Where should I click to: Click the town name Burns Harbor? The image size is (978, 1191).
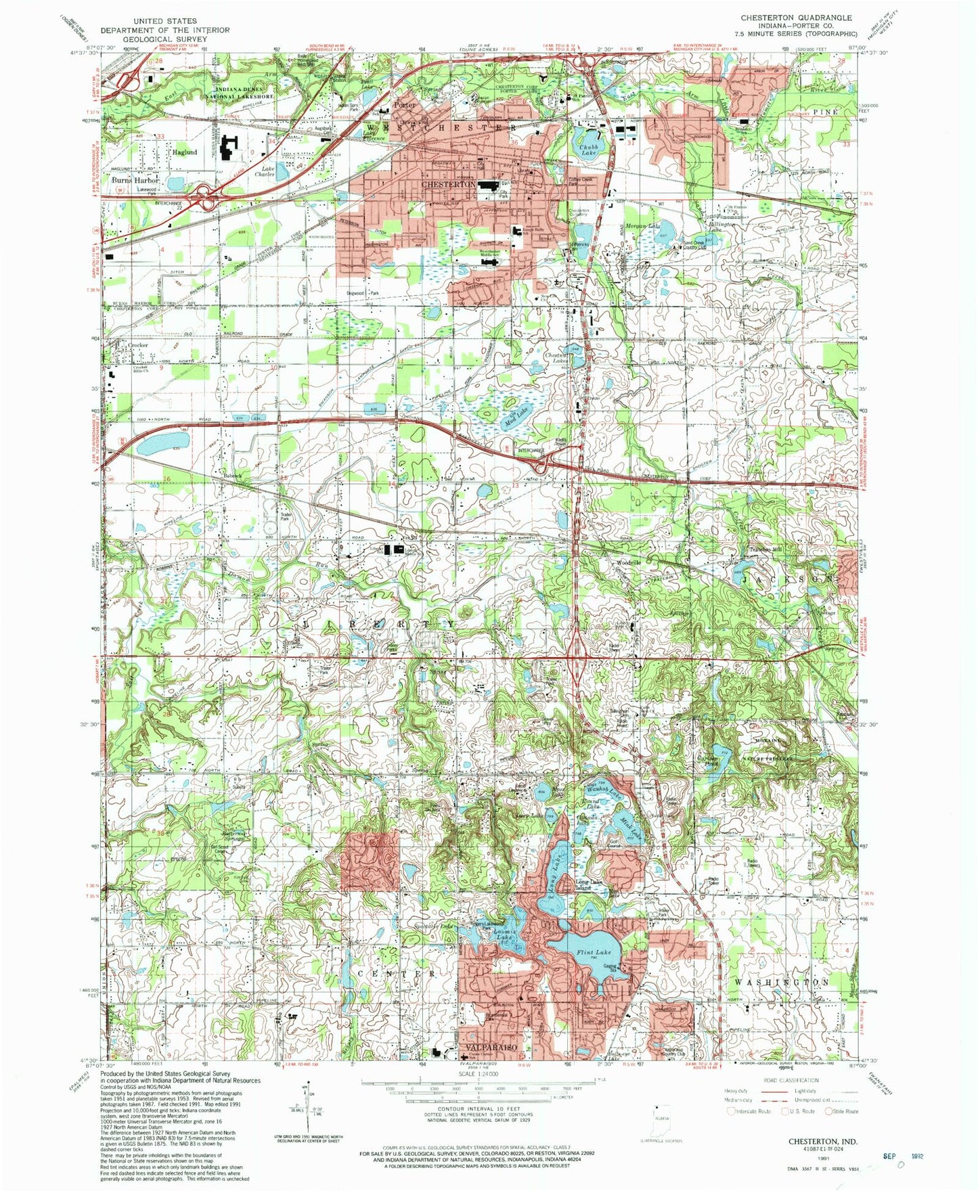(135, 181)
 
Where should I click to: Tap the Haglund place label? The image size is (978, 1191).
(184, 152)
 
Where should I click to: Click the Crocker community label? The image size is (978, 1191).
(137, 345)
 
